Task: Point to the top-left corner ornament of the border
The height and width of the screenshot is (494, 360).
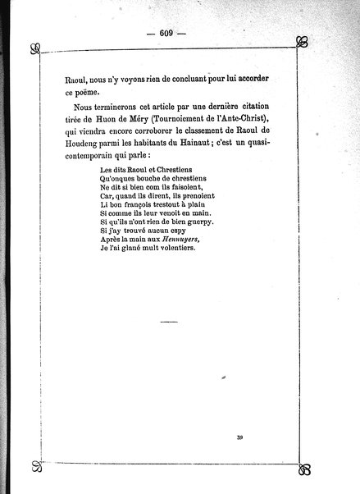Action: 34,47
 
